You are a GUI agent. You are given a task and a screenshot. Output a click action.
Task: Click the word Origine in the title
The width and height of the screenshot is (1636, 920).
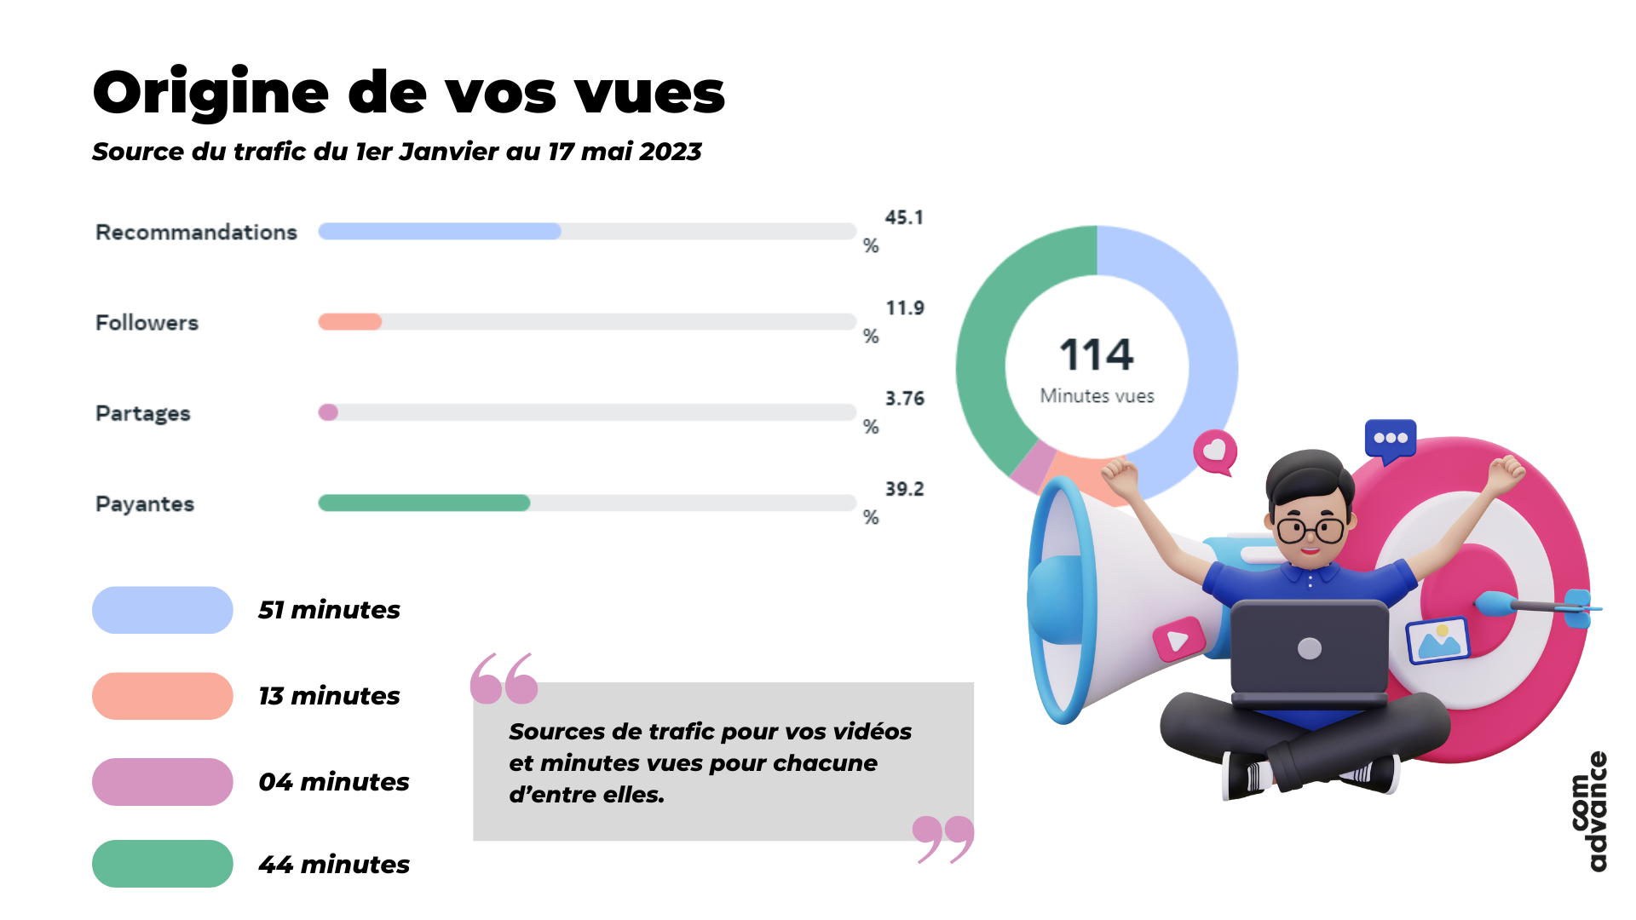(210, 92)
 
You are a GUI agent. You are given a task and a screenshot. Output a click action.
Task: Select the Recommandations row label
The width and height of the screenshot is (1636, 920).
(196, 232)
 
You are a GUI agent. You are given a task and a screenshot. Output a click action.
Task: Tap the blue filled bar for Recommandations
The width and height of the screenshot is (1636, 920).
(439, 231)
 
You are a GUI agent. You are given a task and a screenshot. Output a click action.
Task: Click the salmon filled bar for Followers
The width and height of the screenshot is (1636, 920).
(349, 322)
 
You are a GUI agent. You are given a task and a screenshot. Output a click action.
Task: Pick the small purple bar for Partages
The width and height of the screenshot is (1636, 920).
(328, 412)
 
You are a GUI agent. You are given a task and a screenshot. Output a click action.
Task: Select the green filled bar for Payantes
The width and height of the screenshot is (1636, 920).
(423, 503)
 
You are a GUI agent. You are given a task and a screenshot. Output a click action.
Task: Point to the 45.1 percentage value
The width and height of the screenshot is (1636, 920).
(903, 218)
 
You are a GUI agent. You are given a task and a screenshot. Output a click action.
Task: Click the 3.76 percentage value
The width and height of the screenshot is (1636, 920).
(904, 399)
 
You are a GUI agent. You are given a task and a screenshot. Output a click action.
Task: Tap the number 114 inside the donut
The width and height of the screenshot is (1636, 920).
(1096, 354)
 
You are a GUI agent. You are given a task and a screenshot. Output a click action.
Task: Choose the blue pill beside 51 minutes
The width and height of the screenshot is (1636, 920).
(162, 610)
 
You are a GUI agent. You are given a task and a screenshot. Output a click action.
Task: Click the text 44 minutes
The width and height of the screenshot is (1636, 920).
(333, 865)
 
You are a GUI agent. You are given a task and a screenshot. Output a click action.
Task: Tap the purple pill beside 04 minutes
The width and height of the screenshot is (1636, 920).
(162, 782)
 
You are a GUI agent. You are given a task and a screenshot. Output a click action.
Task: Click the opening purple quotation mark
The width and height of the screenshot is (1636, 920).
(504, 679)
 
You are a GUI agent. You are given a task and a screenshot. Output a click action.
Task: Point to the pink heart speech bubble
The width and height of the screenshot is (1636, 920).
(1215, 451)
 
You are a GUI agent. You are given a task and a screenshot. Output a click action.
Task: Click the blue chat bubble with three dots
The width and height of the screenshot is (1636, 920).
(1390, 439)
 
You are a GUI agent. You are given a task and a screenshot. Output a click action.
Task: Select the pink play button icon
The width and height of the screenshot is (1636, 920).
(1178, 640)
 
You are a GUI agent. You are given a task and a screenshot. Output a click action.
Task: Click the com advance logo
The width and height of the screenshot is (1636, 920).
(1589, 811)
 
